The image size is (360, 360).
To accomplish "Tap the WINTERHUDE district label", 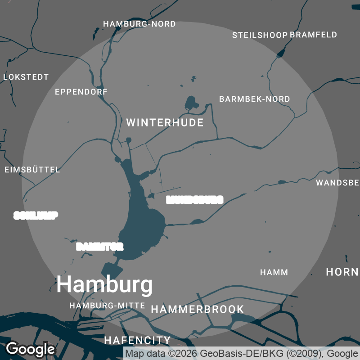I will pos(165,122).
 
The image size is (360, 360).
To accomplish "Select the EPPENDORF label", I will pos(81,92).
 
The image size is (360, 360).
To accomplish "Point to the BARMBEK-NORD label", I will pos(255,99).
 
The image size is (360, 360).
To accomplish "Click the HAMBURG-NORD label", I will pos(139,24).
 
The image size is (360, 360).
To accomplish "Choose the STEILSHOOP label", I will pos(260,35).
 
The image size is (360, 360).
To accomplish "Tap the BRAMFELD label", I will pos(314,35).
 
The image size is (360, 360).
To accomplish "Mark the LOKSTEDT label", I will pos(26,77).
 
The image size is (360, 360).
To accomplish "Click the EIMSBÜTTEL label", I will pos(32,170).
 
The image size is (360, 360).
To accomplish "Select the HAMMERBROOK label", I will pos(197,310).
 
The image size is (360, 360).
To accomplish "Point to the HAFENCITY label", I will pos(137,340).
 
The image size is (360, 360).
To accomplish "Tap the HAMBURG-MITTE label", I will pos(107,306).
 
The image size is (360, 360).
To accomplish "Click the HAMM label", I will pos(274,272).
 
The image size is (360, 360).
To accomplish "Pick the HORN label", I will pos(342,272).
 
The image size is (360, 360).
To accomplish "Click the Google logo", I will pos(31,349).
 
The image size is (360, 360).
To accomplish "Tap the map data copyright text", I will pos(241,353).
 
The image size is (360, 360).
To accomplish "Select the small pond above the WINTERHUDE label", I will pos(191,103).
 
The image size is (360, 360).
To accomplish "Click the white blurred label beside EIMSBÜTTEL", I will pos(36,215).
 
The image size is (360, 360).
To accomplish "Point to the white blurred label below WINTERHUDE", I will pos(195,200).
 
